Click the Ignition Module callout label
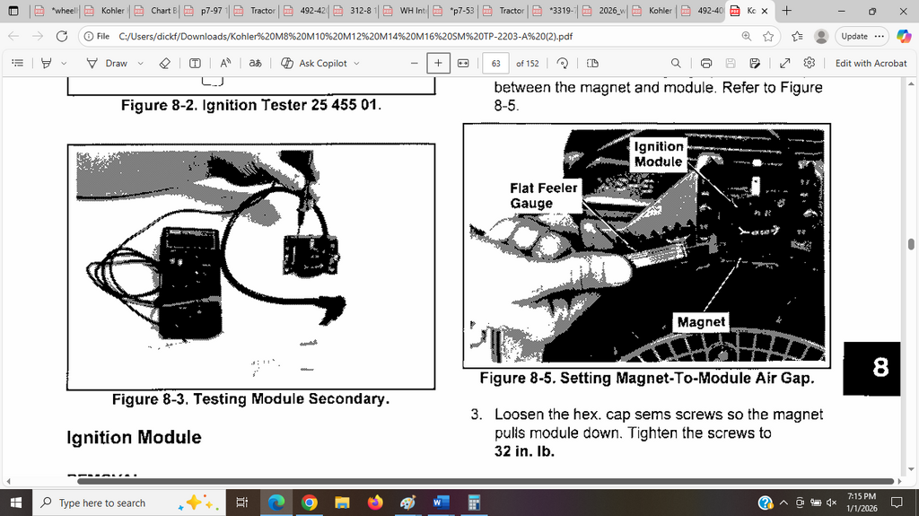coord(659,153)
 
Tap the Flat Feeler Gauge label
coord(544,196)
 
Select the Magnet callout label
coord(701,321)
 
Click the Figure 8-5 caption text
coord(646,378)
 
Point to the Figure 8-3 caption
coord(250,398)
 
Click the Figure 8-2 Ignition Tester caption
coord(251,105)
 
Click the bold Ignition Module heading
coord(134,438)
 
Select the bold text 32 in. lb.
coord(524,450)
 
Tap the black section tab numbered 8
coord(880,366)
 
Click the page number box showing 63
coord(495,63)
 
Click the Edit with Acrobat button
coord(871,63)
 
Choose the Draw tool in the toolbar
coord(107,63)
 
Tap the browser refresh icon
coord(61,36)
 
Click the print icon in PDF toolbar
coord(706,63)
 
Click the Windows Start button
coord(16,503)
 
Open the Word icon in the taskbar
coord(440,503)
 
